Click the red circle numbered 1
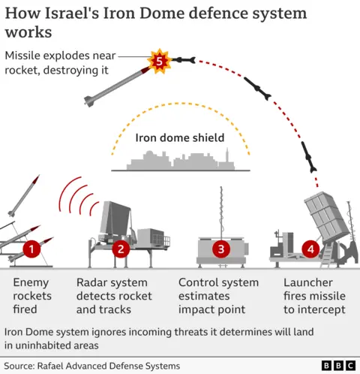(x=31, y=248)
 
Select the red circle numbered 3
(x=220, y=248)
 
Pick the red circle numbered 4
(x=310, y=248)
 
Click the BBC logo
(x=338, y=366)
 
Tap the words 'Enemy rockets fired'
(x=32, y=296)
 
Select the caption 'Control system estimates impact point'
(x=218, y=296)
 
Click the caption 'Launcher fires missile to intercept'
(x=314, y=296)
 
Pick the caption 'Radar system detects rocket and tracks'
(x=113, y=296)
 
